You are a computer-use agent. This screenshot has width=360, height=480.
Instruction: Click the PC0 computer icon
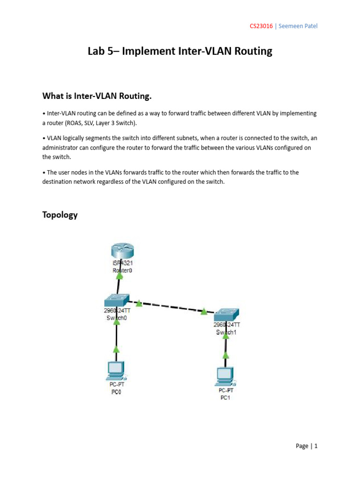point(116,370)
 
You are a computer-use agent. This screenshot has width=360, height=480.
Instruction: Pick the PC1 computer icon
point(225,375)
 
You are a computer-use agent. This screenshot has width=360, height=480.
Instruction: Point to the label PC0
point(116,392)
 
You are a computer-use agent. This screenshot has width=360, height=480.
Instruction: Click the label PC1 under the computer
point(225,398)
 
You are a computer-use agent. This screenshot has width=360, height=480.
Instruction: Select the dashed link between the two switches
point(169,306)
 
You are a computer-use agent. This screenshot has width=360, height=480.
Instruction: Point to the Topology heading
point(60,215)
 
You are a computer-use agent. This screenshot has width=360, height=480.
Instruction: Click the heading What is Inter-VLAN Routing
point(97,96)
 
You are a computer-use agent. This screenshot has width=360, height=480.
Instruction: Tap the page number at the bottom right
point(307,446)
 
